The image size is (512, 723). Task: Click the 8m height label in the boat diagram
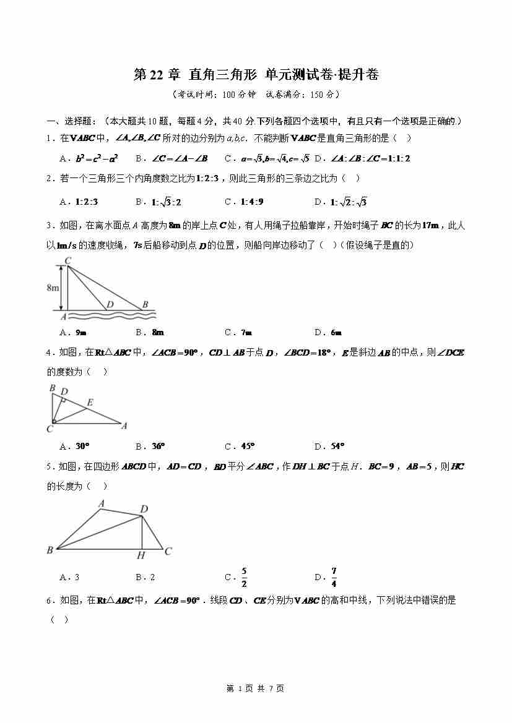coord(52,288)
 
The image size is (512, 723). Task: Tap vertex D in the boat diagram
coord(110,304)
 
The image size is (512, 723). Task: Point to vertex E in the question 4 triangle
coord(90,403)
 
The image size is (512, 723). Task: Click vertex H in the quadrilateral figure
coord(141,555)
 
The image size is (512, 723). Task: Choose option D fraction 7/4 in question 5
coord(334,577)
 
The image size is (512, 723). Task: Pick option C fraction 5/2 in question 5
coord(245,577)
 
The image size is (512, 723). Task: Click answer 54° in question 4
coord(337,446)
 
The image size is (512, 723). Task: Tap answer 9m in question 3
coord(80,332)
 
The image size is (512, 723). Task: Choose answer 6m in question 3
coord(336,332)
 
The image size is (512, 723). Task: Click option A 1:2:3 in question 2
coord(87,202)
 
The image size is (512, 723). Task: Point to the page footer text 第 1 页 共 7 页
coord(256,688)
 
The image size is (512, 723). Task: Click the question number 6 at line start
coord(50,600)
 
